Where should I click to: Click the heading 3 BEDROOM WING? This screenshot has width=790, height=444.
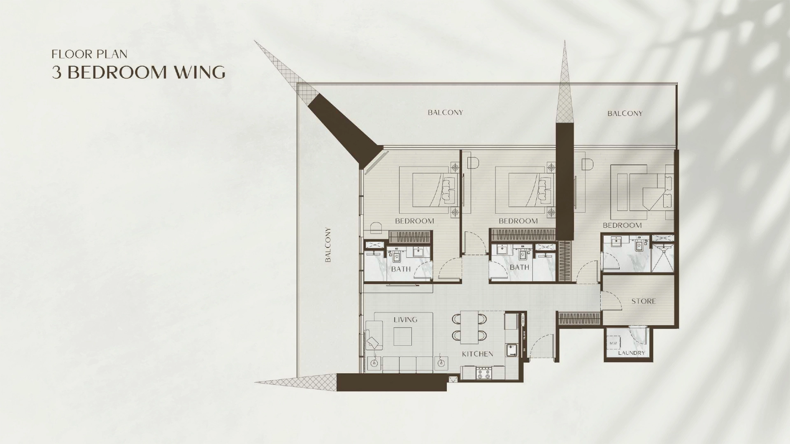pyautogui.click(x=138, y=72)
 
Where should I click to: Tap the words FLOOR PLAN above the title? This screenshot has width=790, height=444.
pyautogui.click(x=89, y=54)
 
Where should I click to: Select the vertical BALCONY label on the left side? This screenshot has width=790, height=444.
pyautogui.click(x=328, y=245)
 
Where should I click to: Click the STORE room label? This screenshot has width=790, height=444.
pyautogui.click(x=644, y=301)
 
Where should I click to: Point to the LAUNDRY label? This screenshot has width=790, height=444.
pyautogui.click(x=631, y=353)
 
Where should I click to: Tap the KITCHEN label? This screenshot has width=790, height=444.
pyautogui.click(x=477, y=354)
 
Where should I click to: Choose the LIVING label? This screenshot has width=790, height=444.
pyautogui.click(x=405, y=319)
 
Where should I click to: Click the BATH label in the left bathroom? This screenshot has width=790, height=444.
pyautogui.click(x=401, y=269)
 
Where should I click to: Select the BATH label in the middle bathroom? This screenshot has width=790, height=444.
pyautogui.click(x=519, y=267)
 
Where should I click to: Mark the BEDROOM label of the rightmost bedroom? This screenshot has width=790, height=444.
pyautogui.click(x=622, y=225)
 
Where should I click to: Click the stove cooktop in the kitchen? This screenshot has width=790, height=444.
pyautogui.click(x=484, y=374)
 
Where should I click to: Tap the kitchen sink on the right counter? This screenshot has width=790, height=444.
pyautogui.click(x=511, y=349)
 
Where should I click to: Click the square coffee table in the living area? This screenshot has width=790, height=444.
pyautogui.click(x=402, y=336)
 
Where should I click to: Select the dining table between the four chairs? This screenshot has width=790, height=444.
pyautogui.click(x=469, y=327)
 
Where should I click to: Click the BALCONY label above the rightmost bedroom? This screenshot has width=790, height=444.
pyautogui.click(x=625, y=113)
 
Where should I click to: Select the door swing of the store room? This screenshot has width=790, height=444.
pyautogui.click(x=611, y=300)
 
